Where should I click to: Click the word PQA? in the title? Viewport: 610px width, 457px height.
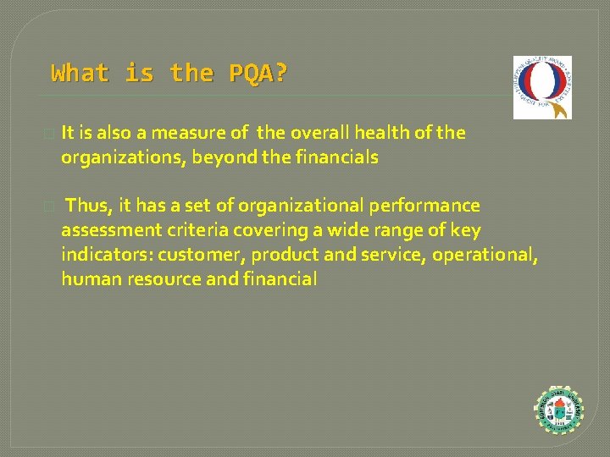[x=258, y=74]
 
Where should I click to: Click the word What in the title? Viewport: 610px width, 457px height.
[x=80, y=74]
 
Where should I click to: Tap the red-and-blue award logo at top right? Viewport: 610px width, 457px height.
[x=542, y=88]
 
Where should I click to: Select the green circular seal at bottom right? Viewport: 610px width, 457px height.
[x=559, y=412]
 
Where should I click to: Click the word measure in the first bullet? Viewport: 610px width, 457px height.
[x=190, y=133]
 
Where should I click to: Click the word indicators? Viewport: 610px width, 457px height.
[x=104, y=255]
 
